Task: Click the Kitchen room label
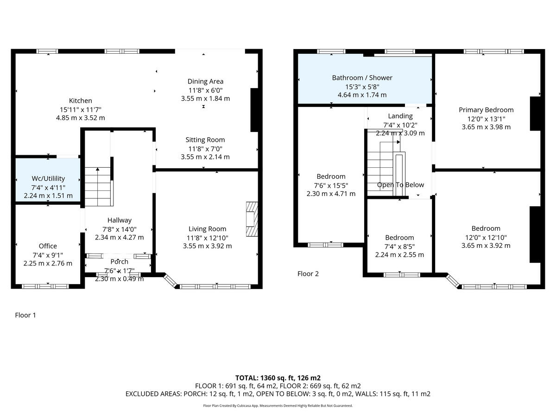80,101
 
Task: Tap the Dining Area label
205,82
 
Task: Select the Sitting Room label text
205,139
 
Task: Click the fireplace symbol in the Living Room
251,219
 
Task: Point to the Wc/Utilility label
48,178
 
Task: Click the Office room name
48,246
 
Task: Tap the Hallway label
120,220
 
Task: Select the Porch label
119,262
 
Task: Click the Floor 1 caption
25,315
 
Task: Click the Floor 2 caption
308,273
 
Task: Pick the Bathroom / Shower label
362,77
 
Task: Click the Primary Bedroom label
486,110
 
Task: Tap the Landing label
400,116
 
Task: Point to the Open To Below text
400,185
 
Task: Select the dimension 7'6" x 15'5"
331,185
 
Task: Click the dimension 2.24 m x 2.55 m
399,254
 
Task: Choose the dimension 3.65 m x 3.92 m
486,246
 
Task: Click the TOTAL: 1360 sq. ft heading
278,378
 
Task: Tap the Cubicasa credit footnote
278,405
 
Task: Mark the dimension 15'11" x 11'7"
80,109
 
